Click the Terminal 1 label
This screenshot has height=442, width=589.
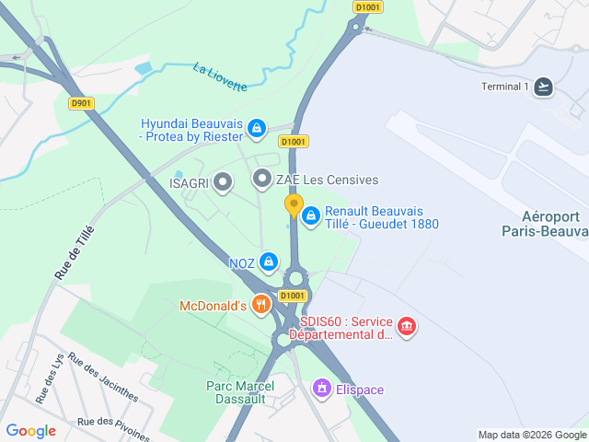coord(505,87)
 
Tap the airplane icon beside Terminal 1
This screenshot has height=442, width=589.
coord(544,87)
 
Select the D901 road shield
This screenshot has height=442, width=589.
coord(81,103)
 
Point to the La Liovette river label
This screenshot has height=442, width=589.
coord(220,76)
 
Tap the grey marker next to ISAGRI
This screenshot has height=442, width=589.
coord(222,182)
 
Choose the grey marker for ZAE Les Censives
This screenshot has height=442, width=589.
coord(262,179)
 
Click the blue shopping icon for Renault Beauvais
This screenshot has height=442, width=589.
coord(311,215)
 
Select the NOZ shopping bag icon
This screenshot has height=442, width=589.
coord(268,262)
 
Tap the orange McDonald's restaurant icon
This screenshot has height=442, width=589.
coord(261,305)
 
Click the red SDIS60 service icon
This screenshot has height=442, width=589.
coord(406,326)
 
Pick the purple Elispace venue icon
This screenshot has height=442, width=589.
coord(321,389)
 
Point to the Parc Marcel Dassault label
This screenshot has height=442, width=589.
coord(236,392)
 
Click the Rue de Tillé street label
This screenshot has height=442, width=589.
coord(75,252)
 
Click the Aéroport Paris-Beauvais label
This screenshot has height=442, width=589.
coord(545,223)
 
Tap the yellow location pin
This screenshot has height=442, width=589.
coord(294,205)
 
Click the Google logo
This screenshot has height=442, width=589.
coord(30,430)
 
